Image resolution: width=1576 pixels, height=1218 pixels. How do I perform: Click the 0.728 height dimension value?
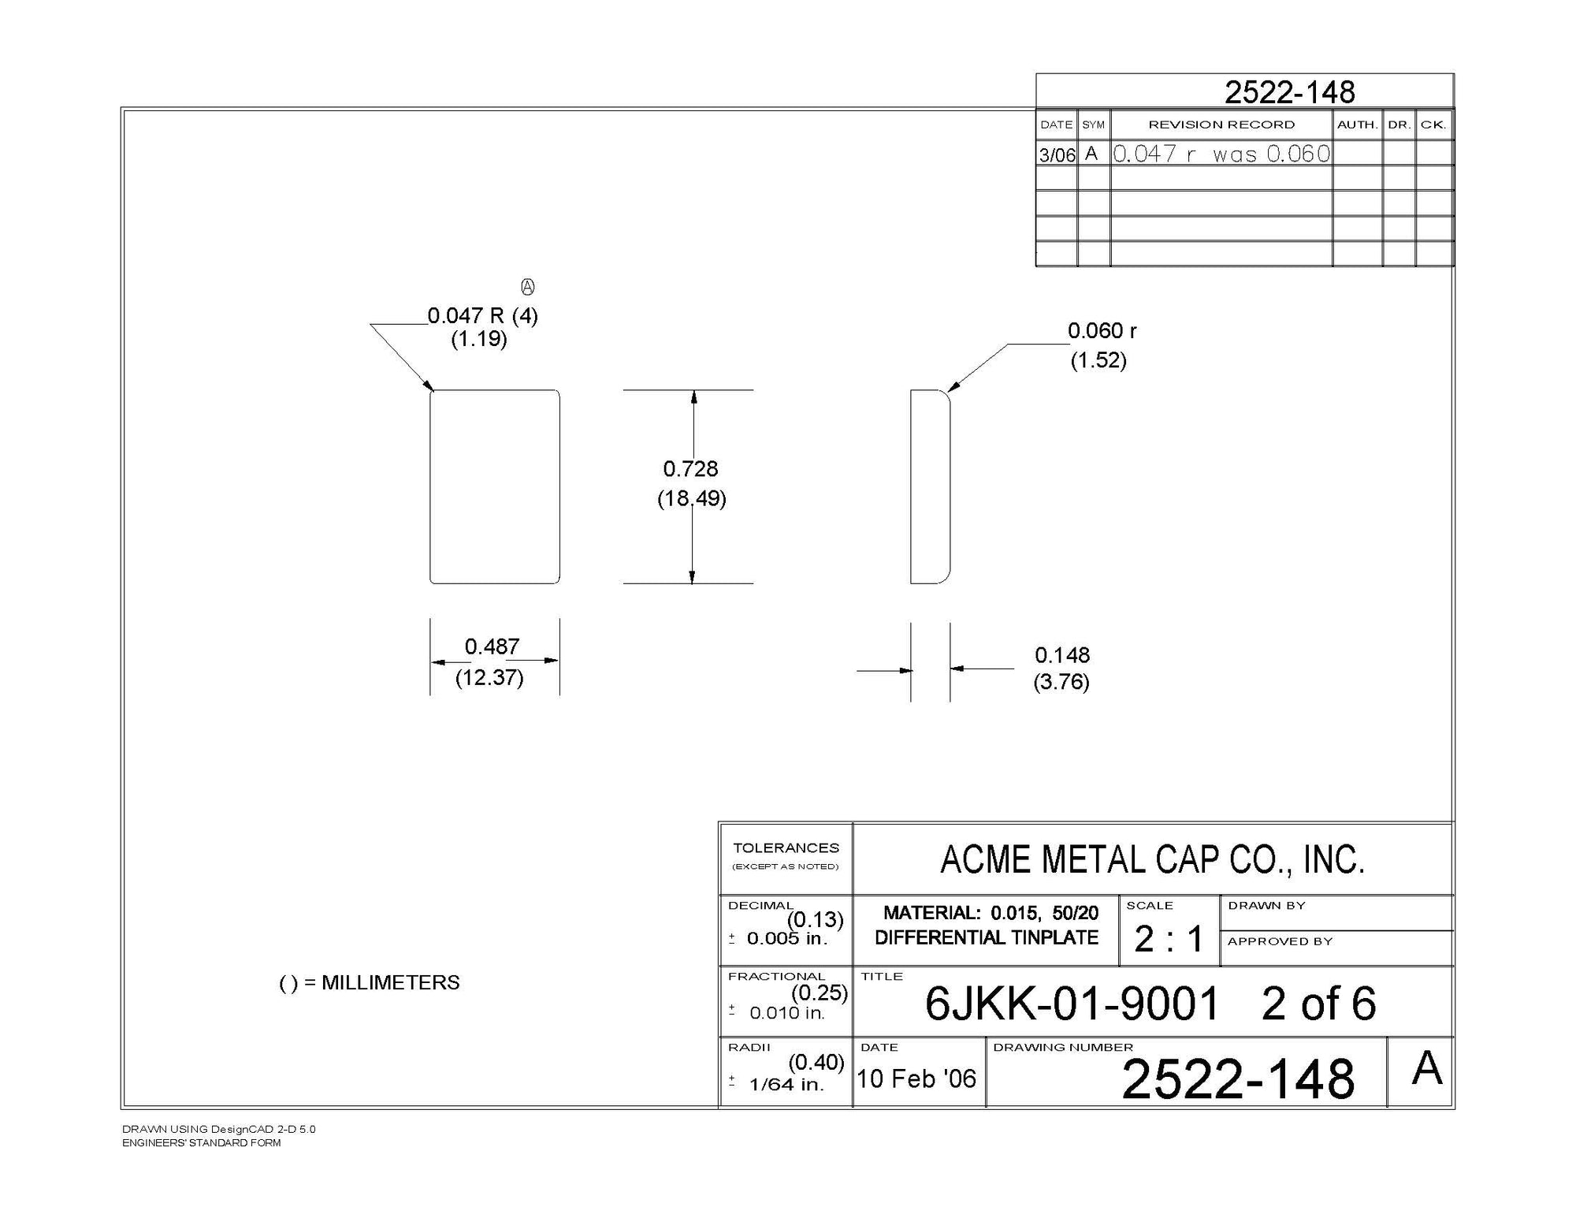[690, 469]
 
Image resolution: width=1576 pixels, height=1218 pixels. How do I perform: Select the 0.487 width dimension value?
[492, 646]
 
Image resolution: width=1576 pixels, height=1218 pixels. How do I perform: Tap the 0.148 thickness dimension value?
[1062, 655]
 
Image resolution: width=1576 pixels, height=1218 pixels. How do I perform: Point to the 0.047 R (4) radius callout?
[482, 316]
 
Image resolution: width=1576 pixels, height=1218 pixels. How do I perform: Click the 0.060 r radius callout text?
[1102, 331]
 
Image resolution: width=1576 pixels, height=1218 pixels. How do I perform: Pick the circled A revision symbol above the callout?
[528, 287]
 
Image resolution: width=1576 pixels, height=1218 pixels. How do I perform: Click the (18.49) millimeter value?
[691, 499]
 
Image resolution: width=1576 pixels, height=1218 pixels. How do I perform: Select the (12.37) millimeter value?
[489, 678]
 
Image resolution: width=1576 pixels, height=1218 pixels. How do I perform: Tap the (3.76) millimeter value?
[1061, 682]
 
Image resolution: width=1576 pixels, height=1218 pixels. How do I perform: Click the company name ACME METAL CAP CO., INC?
[1152, 860]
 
